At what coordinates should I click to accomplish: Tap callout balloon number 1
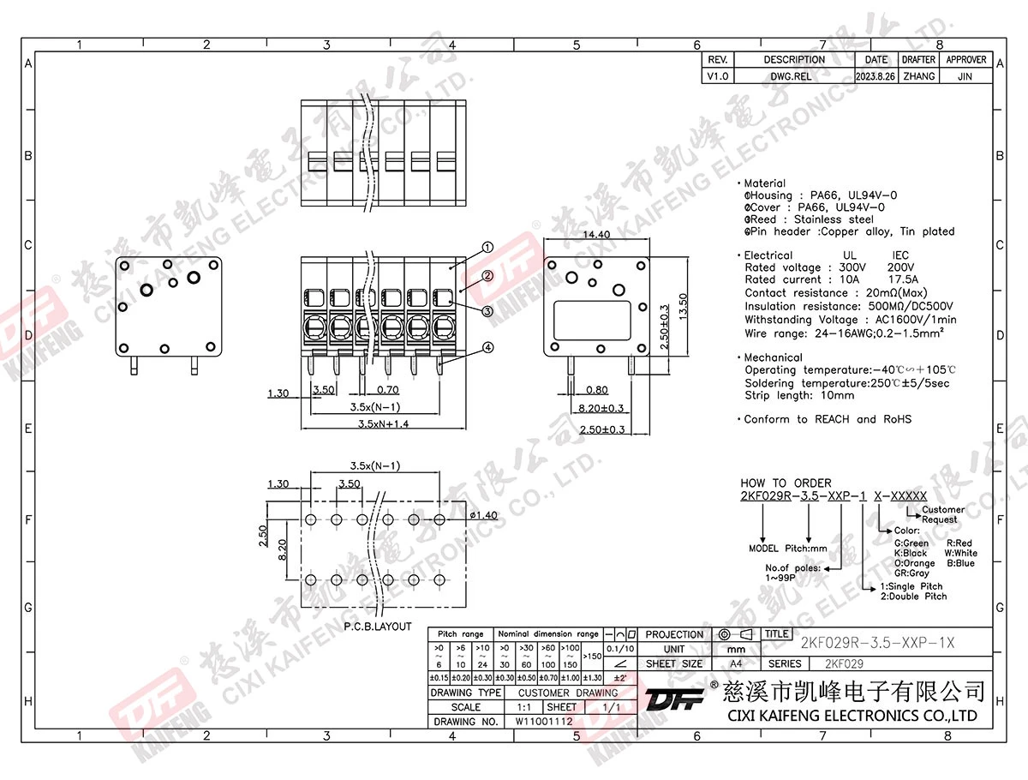coord(487,247)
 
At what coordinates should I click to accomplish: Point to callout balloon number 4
coord(487,348)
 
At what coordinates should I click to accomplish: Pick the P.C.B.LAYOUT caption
coord(378,627)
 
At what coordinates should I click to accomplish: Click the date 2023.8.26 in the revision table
coord(876,76)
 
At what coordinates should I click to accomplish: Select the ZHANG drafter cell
coord(918,76)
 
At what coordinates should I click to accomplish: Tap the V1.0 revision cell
coord(717,76)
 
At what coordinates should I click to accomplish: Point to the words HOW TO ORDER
coord(786,483)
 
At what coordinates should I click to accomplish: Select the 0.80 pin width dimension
coord(597,391)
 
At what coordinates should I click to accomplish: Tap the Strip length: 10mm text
coord(798,395)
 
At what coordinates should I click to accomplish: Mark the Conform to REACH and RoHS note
coord(827,419)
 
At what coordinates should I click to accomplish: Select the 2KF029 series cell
coord(844,663)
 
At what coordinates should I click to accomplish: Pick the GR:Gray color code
coord(911,573)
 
